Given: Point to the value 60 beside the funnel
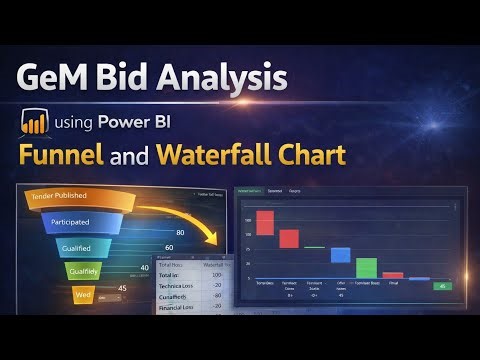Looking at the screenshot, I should (x=169, y=247).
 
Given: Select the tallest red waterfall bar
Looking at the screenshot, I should (x=265, y=222).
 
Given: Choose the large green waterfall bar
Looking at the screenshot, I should (x=366, y=267).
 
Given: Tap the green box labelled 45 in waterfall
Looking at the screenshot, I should (x=442, y=286).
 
